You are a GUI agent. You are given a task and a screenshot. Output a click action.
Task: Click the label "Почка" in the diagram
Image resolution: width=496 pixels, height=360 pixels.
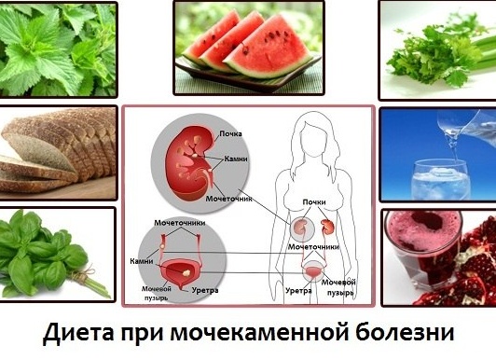tap(229, 133)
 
